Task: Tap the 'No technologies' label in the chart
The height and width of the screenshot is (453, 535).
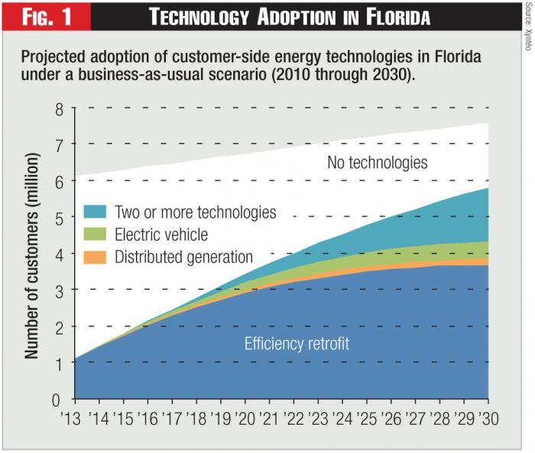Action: click(377, 162)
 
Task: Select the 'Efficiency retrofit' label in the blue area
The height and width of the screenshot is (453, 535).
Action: click(297, 344)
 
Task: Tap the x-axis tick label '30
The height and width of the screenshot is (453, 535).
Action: click(487, 419)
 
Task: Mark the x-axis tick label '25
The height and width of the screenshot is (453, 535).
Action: click(366, 419)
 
